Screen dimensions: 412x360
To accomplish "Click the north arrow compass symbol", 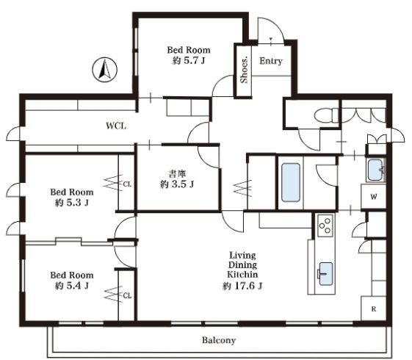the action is pos(104,70).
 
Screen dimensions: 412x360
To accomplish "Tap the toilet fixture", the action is pos(326,115).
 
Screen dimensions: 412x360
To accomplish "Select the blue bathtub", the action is pos(291,182).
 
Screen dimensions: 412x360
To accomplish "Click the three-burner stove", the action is pos(325,225).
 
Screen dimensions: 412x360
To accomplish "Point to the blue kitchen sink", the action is pos(325,274).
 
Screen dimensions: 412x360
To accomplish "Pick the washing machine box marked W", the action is pos(374,196).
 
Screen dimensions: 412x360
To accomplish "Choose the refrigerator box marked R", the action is pos(374,309).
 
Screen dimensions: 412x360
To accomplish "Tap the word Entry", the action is pos(271,61).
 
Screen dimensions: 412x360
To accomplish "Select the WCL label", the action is pos(116,126).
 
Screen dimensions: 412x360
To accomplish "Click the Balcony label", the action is pos(219,340).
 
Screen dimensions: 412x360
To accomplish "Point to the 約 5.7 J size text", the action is pos(189,61).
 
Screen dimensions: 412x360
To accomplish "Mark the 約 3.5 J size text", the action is pos(176,184).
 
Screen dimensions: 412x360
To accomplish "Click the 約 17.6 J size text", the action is pos(242,286).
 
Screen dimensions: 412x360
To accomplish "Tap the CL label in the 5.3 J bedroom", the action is pos(127,184).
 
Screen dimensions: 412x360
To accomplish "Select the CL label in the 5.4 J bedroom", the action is pos(127,296).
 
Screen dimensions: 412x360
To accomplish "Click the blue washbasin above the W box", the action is pos(375,170).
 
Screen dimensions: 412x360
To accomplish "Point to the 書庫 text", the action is pos(176,173).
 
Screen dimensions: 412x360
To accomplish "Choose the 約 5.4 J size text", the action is pos(72,286).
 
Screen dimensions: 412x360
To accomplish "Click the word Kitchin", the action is pos(242,274).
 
